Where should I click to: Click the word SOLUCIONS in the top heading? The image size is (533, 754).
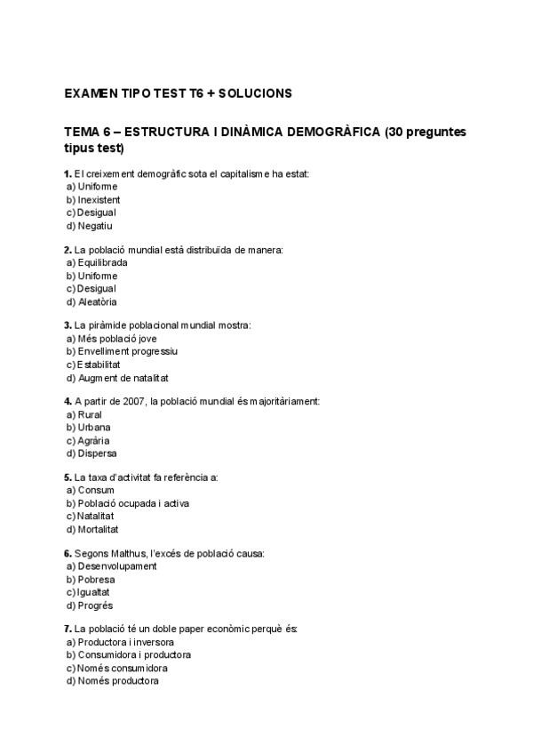(254, 92)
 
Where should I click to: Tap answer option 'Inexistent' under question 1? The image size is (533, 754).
(99, 200)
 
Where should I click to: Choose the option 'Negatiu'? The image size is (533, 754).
(95, 226)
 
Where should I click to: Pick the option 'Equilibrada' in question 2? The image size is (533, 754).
(102, 263)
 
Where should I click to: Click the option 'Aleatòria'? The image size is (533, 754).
(97, 301)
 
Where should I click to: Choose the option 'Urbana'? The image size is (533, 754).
(94, 427)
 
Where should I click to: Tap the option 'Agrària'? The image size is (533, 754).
(94, 440)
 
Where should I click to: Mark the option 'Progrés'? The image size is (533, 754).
(95, 606)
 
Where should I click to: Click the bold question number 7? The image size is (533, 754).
(68, 629)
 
